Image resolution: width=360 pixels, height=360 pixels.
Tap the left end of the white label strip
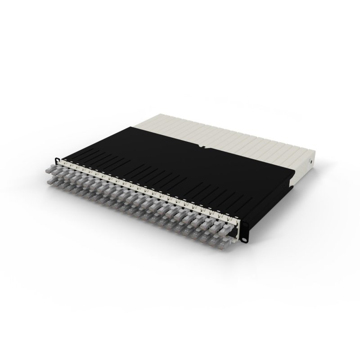click(x=63, y=162)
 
